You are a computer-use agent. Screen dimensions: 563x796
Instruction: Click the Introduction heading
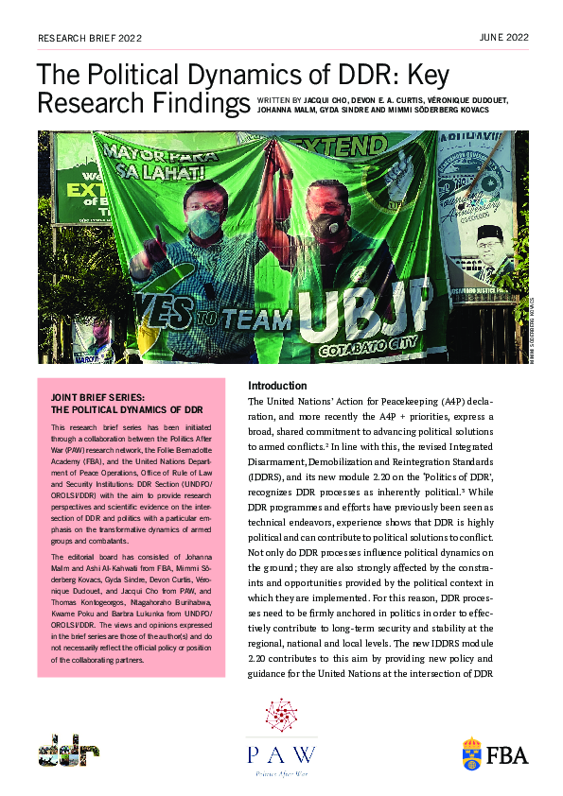tap(277, 386)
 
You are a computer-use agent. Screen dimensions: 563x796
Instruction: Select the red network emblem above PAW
tap(280, 717)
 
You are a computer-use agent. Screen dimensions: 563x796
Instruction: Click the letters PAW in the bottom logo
tap(280, 753)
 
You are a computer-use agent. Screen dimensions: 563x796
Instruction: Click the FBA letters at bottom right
tap(508, 754)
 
